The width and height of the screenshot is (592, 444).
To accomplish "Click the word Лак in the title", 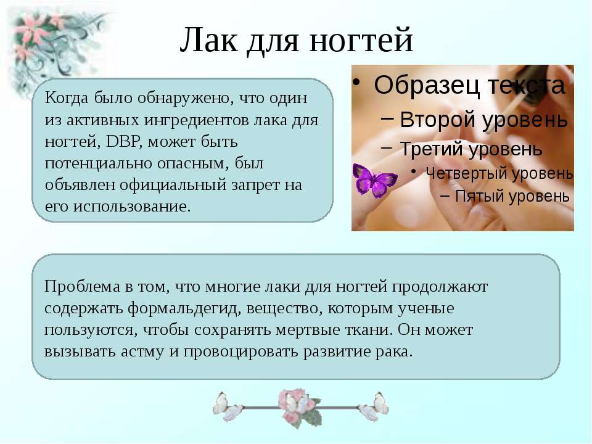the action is [208, 39].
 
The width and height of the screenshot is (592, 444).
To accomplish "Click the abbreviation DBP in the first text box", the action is [124, 142].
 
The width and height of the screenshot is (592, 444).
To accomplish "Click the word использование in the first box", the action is [132, 207].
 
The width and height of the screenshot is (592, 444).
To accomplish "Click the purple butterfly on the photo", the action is [374, 181].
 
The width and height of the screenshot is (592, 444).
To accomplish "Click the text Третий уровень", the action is [471, 149].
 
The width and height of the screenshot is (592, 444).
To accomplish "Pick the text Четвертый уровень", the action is [499, 174].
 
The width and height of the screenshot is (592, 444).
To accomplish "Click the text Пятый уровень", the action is [512, 197].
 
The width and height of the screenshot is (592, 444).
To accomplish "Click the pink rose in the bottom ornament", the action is [297, 405].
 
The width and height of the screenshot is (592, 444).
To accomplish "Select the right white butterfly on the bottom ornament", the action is [374, 406].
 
